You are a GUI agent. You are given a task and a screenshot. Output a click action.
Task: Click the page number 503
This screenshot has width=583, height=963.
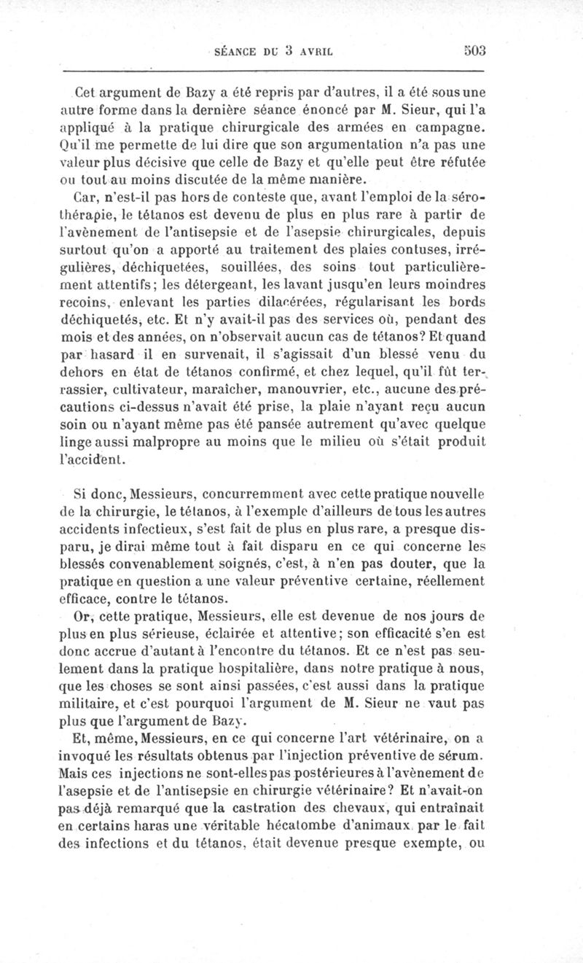point(473,51)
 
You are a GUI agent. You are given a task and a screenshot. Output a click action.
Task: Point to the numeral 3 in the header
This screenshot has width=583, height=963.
point(289,51)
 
